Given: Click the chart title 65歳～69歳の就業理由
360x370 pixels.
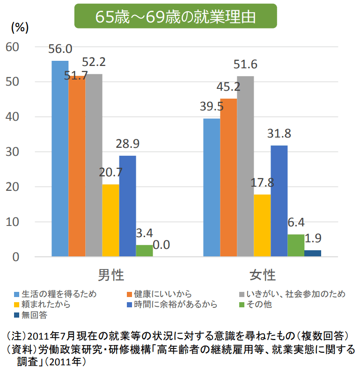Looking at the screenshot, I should pyautogui.click(x=176, y=17).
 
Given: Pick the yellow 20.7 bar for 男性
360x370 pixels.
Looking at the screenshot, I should pyautogui.click(x=110, y=220).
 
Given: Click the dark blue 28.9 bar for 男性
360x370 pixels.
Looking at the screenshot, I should pyautogui.click(x=127, y=206).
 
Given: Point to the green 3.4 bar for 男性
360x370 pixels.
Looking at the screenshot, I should pyautogui.click(x=144, y=251).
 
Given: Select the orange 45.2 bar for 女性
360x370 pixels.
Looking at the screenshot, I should pyautogui.click(x=228, y=177).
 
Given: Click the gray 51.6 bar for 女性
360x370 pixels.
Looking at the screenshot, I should pyautogui.click(x=245, y=166).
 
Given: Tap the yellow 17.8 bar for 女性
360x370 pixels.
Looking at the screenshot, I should pyautogui.click(x=262, y=225).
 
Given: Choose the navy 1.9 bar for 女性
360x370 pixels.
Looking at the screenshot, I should pyautogui.click(x=313, y=254).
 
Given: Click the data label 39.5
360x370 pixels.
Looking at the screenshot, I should pyautogui.click(x=212, y=107).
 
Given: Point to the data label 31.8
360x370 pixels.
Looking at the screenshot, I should pyautogui.click(x=279, y=134).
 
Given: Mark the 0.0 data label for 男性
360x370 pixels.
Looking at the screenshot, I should pyautogui.click(x=161, y=245).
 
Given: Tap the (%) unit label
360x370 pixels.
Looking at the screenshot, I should pyautogui.click(x=19, y=28).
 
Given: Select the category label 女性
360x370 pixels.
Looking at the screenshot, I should pyautogui.click(x=262, y=274).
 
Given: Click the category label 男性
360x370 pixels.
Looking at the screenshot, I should pyautogui.click(x=111, y=274).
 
